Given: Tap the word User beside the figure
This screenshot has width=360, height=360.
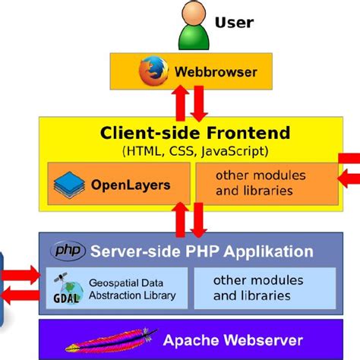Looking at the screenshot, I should point(235,22).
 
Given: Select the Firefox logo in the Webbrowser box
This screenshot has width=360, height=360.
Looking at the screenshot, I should point(153,73).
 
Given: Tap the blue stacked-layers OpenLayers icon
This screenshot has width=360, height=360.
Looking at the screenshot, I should point(70,184).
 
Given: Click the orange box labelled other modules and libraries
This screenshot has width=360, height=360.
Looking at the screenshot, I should point(262,183).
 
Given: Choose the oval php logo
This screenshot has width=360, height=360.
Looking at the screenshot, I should point(68,251).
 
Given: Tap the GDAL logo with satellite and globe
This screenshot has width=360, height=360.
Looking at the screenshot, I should point(67,287).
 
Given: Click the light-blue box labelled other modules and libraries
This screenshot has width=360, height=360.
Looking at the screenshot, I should point(261,288).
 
